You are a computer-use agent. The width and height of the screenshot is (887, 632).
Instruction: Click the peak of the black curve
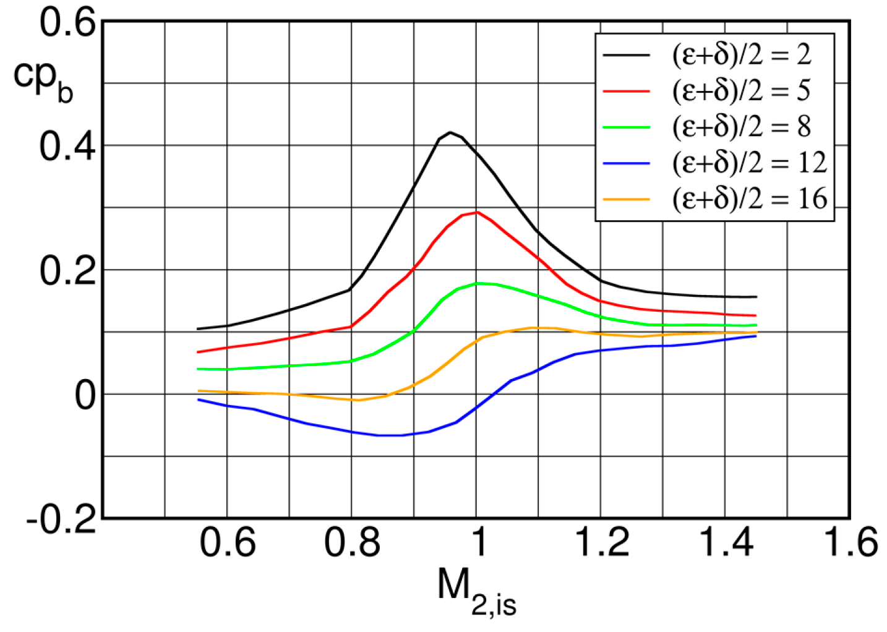pos(450,132)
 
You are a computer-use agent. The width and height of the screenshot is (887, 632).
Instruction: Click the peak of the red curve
pos(476,212)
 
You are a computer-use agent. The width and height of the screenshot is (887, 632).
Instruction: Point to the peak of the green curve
pos(478,283)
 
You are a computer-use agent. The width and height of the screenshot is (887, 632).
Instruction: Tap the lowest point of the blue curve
pos(390,435)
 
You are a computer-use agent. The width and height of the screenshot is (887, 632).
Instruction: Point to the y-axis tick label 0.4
pos(68,147)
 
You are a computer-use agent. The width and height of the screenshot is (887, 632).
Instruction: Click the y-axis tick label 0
pos(85,396)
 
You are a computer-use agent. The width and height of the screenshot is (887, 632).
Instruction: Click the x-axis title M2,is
pos(476,591)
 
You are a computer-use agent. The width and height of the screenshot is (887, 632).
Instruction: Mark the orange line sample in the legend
pos(626,199)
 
